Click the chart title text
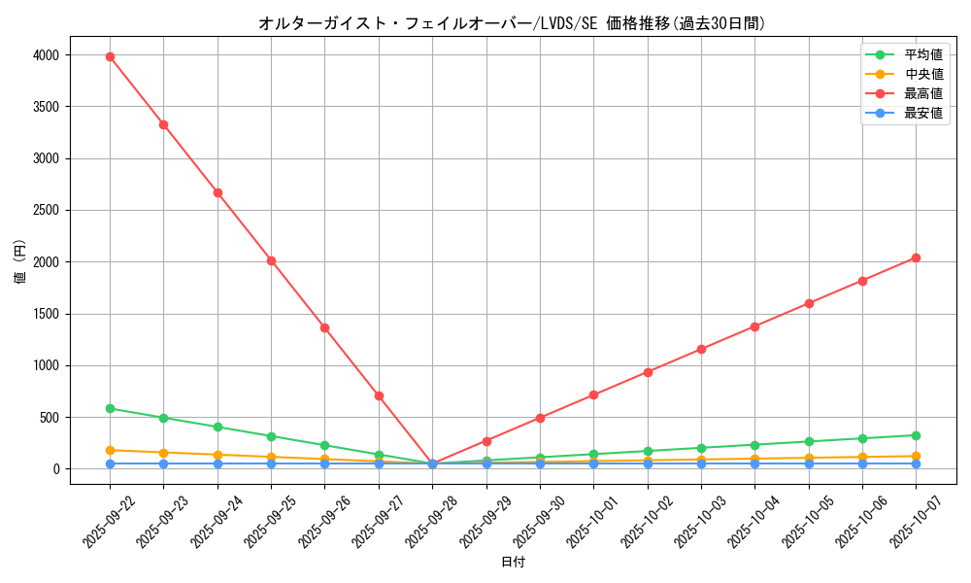pyautogui.click(x=512, y=23)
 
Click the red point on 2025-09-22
pyautogui.click(x=110, y=56)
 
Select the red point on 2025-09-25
pyautogui.click(x=271, y=260)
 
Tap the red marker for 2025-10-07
pyautogui.click(x=916, y=257)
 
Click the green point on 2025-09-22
pyautogui.click(x=110, y=408)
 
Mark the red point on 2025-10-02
pyautogui.click(x=648, y=372)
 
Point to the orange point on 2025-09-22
pyautogui.click(x=110, y=450)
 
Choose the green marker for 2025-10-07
pyautogui.click(x=916, y=435)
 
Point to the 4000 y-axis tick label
pyautogui.click(x=46, y=55)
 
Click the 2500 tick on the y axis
pyautogui.click(x=46, y=210)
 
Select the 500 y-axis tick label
pyautogui.click(x=50, y=418)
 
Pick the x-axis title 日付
pyautogui.click(x=513, y=563)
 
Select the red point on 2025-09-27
pyautogui.click(x=379, y=395)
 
